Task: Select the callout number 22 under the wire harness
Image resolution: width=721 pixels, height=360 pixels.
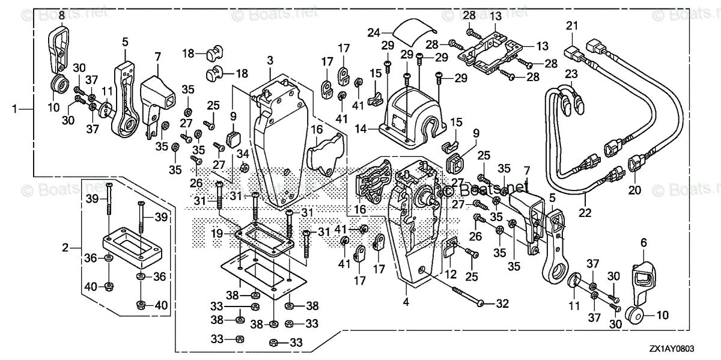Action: click(x=586, y=212)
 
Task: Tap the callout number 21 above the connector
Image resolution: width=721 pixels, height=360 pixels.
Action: click(x=571, y=25)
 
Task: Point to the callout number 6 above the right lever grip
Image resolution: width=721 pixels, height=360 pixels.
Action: click(x=643, y=242)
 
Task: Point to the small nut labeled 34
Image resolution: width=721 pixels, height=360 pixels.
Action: click(x=244, y=166)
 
